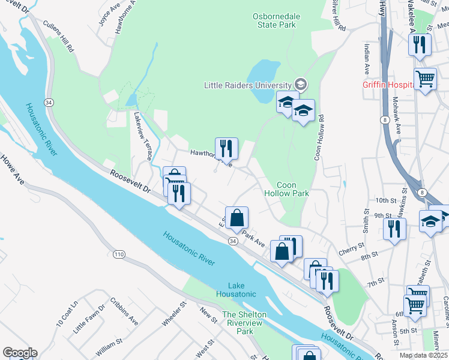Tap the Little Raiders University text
tap(248, 85)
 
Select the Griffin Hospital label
tap(388, 85)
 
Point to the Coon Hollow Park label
tap(286, 189)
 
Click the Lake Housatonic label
tap(242, 289)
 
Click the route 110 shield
tap(119, 255)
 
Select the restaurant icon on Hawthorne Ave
tap(226, 148)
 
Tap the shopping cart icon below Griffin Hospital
tap(426, 78)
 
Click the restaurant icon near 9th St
tap(394, 229)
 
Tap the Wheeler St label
tap(172, 315)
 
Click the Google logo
tap(20, 353)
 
